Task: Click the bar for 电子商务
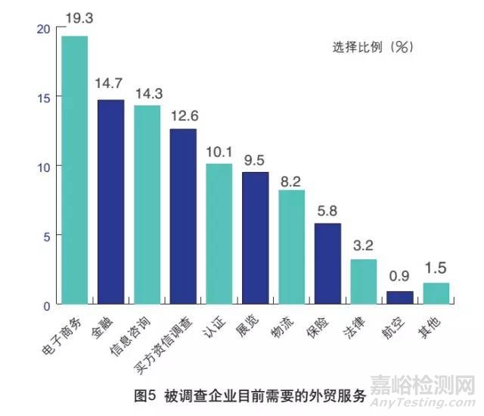(x=74, y=170)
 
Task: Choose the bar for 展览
(x=255, y=238)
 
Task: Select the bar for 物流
(x=291, y=247)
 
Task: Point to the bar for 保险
(x=327, y=264)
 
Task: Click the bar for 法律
(x=364, y=282)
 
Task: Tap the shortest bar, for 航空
(x=400, y=298)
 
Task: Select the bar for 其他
(x=436, y=293)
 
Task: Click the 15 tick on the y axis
(x=43, y=98)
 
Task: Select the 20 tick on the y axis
(x=43, y=28)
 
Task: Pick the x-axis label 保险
(x=326, y=325)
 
